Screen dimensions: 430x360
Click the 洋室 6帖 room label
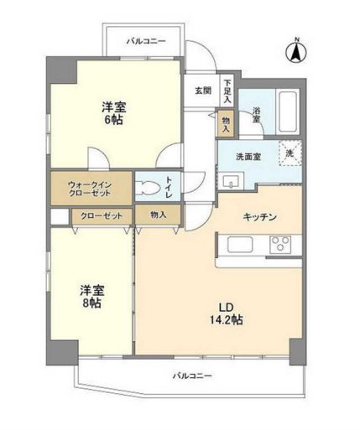pos(115,113)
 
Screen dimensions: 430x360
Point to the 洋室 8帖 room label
pos(91,296)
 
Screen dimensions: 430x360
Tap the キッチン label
pos(260,216)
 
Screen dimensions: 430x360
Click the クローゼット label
pos(101,215)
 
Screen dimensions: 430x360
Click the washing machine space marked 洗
pos(289,153)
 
